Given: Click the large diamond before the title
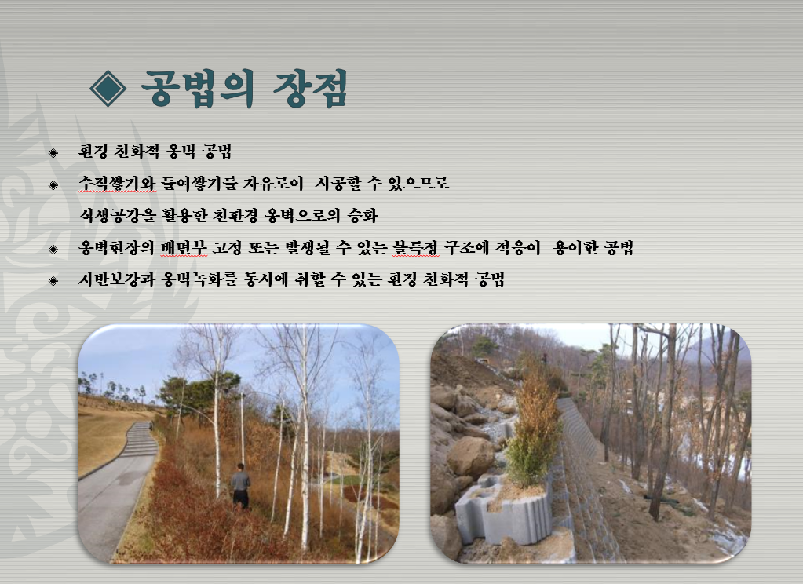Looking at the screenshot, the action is click(x=108, y=88).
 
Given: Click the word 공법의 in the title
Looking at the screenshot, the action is click(x=198, y=89).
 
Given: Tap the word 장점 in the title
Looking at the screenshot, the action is click(x=311, y=89).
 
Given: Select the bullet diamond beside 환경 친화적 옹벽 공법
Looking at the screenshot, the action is click(x=53, y=152).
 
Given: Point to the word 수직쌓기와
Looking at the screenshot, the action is click(x=117, y=183).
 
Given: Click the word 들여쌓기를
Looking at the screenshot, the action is click(x=199, y=183).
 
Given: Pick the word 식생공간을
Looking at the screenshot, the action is click(x=117, y=215).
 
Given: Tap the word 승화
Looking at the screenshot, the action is click(x=363, y=215).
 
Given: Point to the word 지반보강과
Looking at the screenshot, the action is click(x=117, y=279).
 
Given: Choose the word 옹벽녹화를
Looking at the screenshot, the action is click(x=199, y=279).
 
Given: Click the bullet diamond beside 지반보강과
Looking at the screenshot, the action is click(x=53, y=280).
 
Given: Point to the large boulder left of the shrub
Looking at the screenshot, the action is click(x=471, y=458).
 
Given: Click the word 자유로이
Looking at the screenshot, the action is click(x=273, y=183).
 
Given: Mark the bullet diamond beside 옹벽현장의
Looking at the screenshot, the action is click(x=53, y=249).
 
